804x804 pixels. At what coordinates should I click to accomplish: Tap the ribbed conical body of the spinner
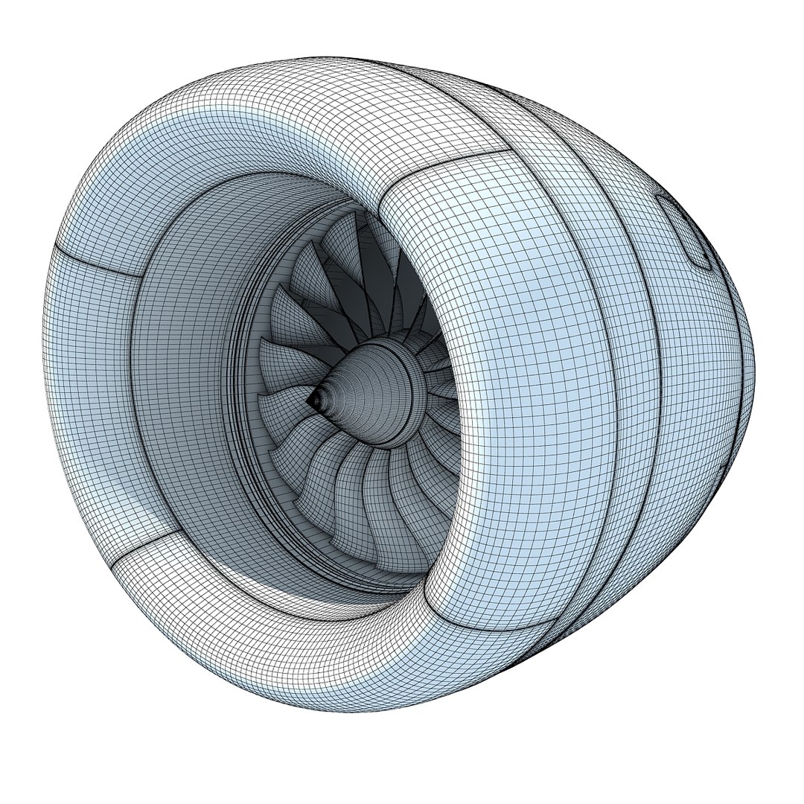tap(350, 387)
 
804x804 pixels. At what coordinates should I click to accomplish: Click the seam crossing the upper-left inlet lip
tap(97, 257)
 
